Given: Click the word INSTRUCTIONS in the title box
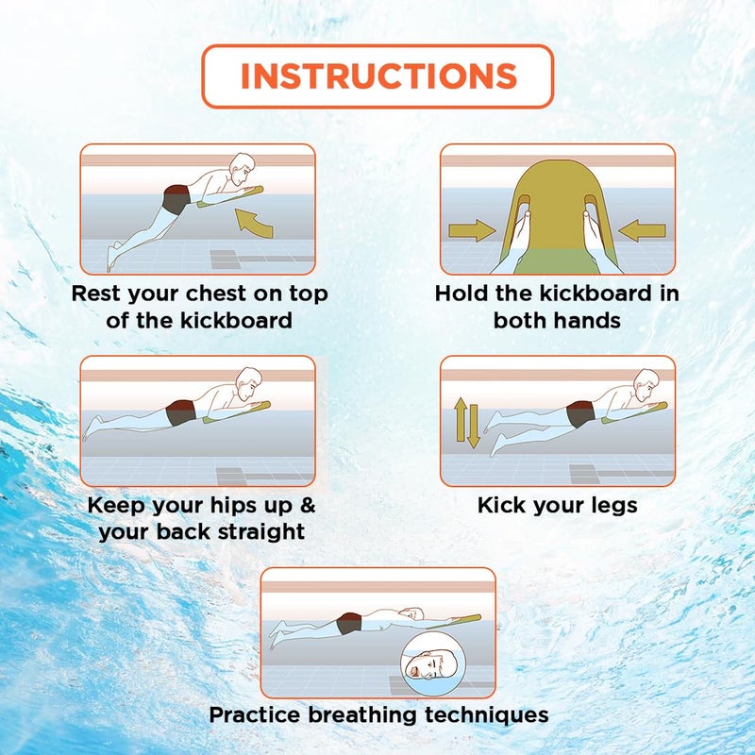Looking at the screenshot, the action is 378,76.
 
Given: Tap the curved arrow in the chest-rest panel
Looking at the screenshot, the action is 254,224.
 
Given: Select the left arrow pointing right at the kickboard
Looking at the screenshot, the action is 472,230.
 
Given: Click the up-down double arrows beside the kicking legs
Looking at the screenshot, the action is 466,423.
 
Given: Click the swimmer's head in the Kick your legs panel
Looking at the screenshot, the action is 646,384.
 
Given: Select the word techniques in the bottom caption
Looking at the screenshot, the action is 486,715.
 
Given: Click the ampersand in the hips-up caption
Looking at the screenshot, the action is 308,505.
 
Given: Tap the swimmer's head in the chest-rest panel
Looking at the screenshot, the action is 241,169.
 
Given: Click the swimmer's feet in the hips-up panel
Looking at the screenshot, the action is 92,428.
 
